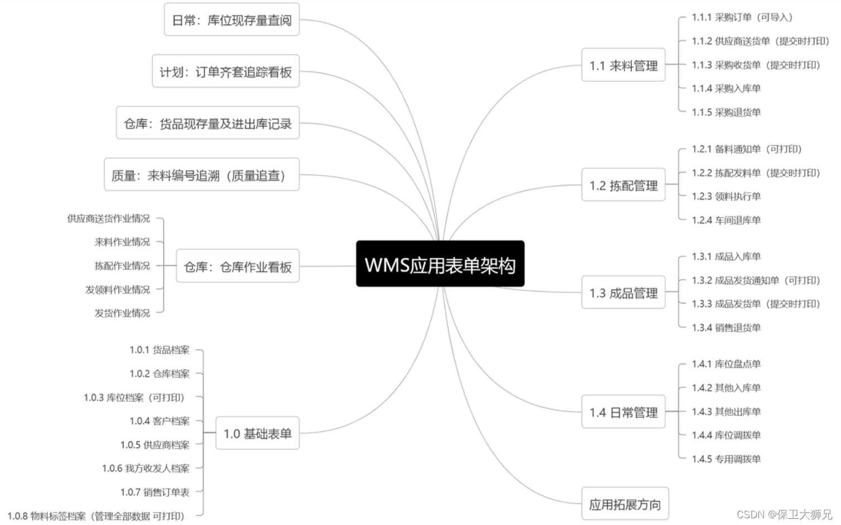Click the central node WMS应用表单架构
[x=440, y=264]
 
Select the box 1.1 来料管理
[x=623, y=65]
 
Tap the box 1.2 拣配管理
[x=623, y=185]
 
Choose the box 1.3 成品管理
[x=623, y=292]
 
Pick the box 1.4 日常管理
[x=623, y=412]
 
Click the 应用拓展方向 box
[x=625, y=504]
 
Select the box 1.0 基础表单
[x=257, y=433]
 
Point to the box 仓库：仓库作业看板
[x=238, y=266]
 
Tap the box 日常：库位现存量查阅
[x=231, y=20]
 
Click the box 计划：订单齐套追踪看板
[x=225, y=71]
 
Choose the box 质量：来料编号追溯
[x=201, y=175]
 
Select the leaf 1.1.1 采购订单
[x=742, y=17]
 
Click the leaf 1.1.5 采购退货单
[x=726, y=112]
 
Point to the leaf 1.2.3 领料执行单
[x=726, y=196]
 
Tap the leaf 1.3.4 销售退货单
[x=726, y=327]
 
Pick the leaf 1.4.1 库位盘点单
[x=726, y=364]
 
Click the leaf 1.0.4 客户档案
[x=159, y=421]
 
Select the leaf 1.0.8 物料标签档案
[x=96, y=516]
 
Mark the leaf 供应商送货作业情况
[x=109, y=218]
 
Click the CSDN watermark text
[x=784, y=514]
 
